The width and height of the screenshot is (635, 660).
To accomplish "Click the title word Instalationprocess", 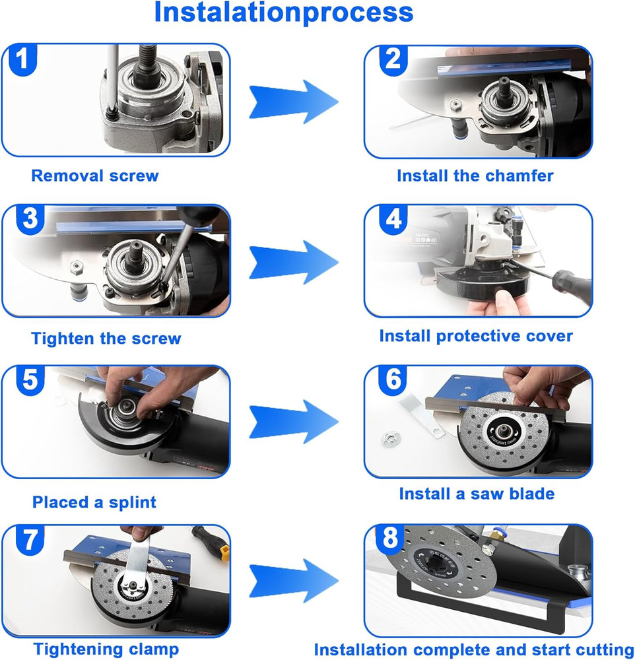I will [x=284, y=13].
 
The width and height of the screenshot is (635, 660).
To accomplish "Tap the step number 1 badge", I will [x=22, y=60].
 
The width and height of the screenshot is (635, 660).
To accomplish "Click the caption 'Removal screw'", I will [x=95, y=176].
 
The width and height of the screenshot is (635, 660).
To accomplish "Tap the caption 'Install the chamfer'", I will [x=475, y=176].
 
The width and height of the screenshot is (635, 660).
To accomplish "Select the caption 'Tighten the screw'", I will [x=106, y=339].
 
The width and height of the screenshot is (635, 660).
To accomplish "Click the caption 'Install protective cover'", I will [x=476, y=336].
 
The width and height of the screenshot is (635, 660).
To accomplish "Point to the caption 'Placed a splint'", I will [x=94, y=502].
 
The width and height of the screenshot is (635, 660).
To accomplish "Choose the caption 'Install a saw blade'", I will [x=477, y=494].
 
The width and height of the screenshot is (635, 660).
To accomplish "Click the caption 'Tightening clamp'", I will [x=106, y=649].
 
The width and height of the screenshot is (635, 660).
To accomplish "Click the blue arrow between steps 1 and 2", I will [x=293, y=102].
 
